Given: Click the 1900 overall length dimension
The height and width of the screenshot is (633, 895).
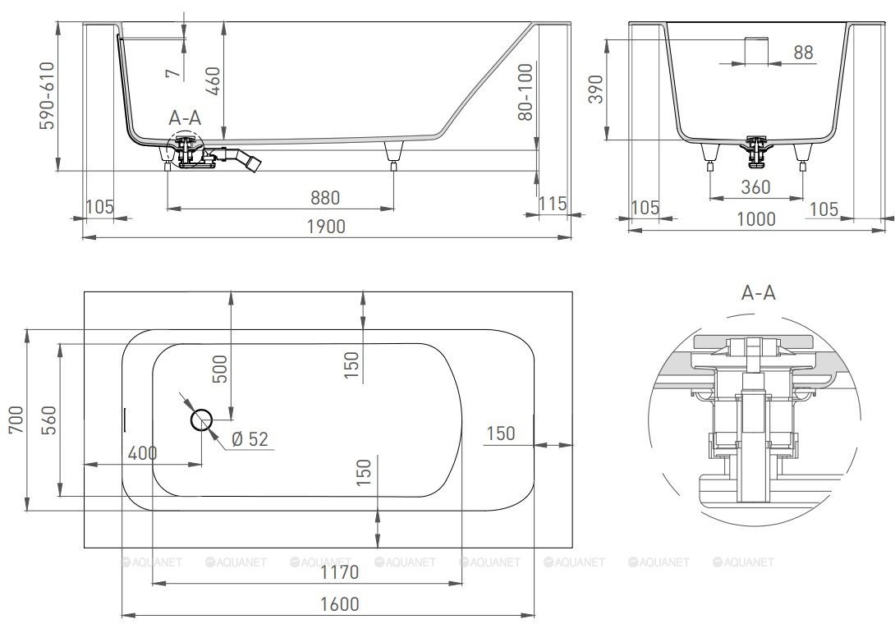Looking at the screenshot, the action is [326, 227].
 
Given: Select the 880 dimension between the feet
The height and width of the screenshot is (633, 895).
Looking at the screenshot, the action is [325, 198].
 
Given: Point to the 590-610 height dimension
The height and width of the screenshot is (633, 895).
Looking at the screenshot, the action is [47, 95].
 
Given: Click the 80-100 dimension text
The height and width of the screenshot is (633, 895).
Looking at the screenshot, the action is [526, 92].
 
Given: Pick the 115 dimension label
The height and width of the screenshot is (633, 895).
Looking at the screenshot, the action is [553, 203].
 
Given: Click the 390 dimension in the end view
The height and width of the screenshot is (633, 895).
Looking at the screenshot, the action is [595, 89].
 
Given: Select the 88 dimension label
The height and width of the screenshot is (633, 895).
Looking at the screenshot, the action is [803, 53].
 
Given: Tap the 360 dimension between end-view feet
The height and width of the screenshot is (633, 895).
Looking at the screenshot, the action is [755, 186].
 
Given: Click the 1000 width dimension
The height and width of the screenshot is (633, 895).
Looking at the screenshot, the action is [755, 218].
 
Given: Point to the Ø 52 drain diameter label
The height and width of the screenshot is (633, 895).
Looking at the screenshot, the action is [250, 438].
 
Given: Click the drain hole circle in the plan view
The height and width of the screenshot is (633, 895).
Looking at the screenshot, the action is [201, 420].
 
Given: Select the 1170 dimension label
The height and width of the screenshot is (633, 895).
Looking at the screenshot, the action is [340, 572].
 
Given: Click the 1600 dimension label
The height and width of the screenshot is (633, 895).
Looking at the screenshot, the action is [340, 604].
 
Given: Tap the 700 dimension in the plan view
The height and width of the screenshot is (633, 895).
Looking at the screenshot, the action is [16, 420].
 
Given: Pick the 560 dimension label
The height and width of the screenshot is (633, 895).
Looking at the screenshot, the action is [49, 420].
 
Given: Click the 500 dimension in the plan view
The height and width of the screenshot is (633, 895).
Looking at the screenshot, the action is [220, 369].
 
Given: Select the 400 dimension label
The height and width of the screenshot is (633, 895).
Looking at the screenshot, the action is [142, 453].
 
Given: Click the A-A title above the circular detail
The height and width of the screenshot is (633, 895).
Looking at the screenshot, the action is [758, 293].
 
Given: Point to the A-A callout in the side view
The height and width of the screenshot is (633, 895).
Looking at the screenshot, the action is [185, 117].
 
